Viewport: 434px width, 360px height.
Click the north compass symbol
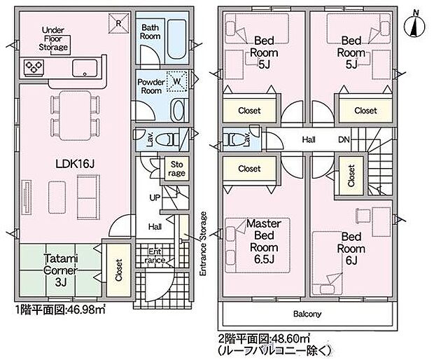[x=414, y=24]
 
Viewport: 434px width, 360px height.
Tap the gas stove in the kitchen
[x=34, y=67]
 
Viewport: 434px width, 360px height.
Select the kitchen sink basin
[x=85, y=68]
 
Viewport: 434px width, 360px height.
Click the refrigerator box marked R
[x=118, y=23]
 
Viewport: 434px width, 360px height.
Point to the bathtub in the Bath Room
[x=177, y=39]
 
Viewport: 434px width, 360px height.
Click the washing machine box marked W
[x=176, y=81]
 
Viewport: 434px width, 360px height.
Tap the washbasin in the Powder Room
[x=178, y=110]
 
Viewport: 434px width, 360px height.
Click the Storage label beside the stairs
[x=176, y=169]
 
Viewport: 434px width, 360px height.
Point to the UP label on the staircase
[x=155, y=198]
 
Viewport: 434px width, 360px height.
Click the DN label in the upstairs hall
[x=344, y=139]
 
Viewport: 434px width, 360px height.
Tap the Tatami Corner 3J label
[x=61, y=270]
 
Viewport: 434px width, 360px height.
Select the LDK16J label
[x=75, y=164]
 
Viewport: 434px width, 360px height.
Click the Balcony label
[x=307, y=314]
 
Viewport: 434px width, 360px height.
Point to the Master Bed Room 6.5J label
[x=264, y=241]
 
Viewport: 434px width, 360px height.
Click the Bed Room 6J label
[x=351, y=249]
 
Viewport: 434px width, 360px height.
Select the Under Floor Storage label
[x=53, y=39]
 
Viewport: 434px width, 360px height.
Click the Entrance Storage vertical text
[x=204, y=244]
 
